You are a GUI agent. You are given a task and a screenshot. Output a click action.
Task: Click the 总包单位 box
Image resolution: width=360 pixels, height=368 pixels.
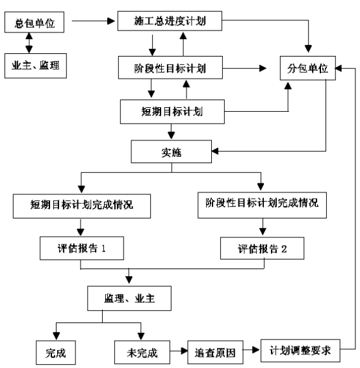click(x=34, y=22)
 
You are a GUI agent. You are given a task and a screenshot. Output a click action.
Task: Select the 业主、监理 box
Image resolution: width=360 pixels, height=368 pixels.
click(x=36, y=66)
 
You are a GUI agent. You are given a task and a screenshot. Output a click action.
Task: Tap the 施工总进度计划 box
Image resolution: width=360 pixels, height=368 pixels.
click(x=170, y=21)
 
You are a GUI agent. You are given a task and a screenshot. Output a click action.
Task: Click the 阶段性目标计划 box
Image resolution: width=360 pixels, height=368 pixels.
click(x=170, y=68)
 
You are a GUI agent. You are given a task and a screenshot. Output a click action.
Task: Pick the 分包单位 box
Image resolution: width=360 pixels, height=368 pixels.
click(x=308, y=68)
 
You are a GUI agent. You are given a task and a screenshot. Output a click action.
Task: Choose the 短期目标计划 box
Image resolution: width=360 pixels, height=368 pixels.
click(x=172, y=112)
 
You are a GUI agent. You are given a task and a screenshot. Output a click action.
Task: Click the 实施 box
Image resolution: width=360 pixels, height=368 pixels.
click(x=171, y=151)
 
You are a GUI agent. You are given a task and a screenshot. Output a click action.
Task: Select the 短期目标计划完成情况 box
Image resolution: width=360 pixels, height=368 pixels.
click(x=82, y=206)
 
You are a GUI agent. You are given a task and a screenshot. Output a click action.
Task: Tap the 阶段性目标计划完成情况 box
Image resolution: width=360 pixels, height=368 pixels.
click(x=262, y=205)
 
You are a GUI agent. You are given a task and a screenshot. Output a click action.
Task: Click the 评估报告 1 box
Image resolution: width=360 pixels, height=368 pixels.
click(x=82, y=248)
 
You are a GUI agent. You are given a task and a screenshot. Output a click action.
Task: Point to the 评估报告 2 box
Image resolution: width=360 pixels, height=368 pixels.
click(x=262, y=248)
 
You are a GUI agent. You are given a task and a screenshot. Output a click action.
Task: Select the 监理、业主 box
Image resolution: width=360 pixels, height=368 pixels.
click(x=129, y=298)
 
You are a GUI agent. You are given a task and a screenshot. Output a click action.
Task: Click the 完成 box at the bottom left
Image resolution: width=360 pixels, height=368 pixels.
click(x=56, y=352)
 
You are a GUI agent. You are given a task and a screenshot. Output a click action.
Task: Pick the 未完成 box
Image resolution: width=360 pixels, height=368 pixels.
click(x=142, y=352)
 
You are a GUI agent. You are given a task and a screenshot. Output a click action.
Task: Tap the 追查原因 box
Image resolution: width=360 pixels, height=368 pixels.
click(x=215, y=352)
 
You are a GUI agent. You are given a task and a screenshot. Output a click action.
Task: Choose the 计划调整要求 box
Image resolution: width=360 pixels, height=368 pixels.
click(x=300, y=350)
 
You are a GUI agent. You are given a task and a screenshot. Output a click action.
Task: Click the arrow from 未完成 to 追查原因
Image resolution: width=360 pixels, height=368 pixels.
click(x=179, y=351)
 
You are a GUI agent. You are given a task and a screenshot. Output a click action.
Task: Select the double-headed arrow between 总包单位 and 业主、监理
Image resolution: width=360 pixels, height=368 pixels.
click(x=29, y=43)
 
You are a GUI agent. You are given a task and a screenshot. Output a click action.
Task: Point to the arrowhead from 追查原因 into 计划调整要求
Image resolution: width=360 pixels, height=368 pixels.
click(x=255, y=350)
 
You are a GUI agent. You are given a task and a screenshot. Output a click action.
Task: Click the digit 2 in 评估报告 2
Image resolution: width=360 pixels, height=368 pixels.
click(x=284, y=249)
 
